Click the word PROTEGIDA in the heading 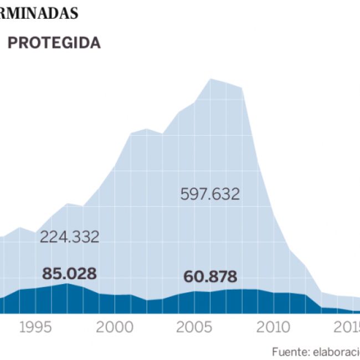54,43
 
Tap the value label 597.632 210,194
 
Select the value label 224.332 69,237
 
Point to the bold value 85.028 69,274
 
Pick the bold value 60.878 209,276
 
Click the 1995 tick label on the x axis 36,327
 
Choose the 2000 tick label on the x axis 115,327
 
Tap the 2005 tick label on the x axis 194,327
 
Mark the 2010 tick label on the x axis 274,327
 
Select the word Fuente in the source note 288,352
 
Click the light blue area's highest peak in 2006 210,79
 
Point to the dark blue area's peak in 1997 67,284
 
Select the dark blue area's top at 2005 194,291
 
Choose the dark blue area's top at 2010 274,293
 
